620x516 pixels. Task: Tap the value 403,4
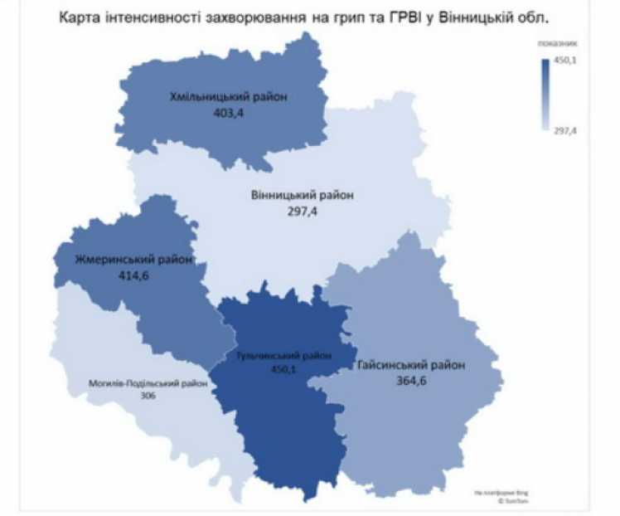pos(228,114)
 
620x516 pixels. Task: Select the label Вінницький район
pos(302,196)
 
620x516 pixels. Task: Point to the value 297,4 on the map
pos(301,212)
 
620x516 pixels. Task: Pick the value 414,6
pos(122,275)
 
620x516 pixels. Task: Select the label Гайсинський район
pos(411,365)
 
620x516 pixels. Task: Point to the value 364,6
pos(411,382)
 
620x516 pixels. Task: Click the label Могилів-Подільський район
pos(148,383)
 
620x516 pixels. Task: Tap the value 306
pos(148,396)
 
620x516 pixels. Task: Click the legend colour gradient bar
pos(544,94)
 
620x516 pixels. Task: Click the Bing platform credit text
pos(492,493)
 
